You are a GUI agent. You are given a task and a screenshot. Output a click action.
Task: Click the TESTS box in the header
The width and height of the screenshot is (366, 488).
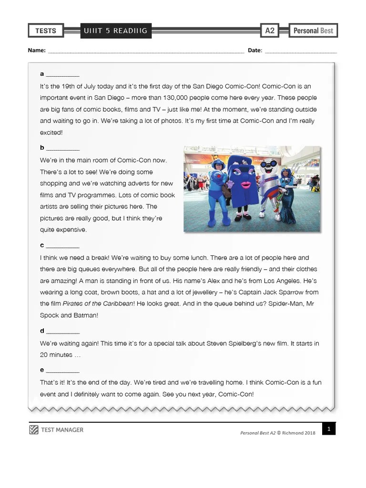tap(46, 31)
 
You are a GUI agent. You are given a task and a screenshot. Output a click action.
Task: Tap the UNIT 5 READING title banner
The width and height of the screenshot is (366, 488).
tap(115, 31)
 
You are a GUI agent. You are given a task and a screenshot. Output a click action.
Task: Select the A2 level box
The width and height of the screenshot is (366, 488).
tap(270, 31)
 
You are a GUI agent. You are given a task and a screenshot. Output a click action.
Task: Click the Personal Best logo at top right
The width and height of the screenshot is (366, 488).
tap(313, 31)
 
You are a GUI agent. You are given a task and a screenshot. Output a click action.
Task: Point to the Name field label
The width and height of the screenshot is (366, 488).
tap(36, 50)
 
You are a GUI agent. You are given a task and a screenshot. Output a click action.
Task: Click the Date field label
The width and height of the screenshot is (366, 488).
tap(254, 50)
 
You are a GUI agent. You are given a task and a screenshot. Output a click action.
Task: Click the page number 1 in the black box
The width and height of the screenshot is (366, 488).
tap(328, 429)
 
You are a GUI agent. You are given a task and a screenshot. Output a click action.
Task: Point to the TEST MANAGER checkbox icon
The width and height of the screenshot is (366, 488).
tap(33, 430)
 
